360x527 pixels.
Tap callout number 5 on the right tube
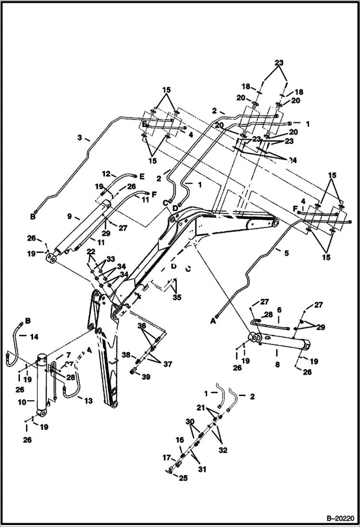[286, 253]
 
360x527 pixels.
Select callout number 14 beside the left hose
[34, 337]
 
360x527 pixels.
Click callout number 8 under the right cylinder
[277, 352]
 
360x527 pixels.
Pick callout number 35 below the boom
[177, 298]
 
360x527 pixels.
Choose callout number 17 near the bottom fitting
[166, 457]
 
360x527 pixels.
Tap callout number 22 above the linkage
[91, 251]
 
